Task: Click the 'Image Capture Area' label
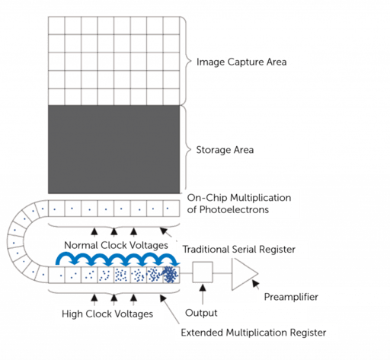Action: click(x=241, y=61)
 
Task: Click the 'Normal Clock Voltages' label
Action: click(x=116, y=246)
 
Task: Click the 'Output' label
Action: click(x=202, y=313)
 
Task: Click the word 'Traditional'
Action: click(x=208, y=249)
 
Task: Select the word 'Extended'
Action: click(x=201, y=333)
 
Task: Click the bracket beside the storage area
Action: click(x=185, y=150)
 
